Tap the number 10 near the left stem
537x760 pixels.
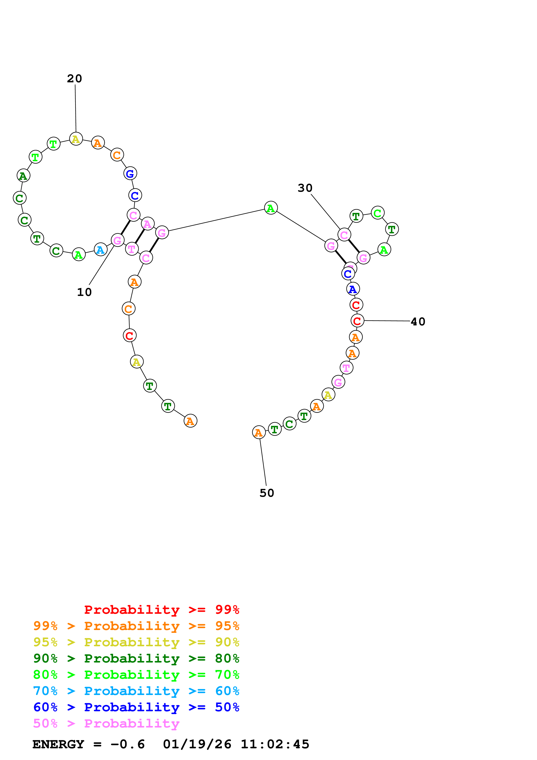84,292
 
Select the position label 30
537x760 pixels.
305,188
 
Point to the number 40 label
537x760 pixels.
418,322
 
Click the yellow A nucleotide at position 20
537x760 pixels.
76,139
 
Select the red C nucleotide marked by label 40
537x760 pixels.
357,321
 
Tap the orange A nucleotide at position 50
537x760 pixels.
258,432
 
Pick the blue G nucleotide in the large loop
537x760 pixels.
130,174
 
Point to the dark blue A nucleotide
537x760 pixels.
353,289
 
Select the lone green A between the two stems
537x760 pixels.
271,208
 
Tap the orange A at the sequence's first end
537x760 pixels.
190,421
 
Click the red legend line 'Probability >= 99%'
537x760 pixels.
161,610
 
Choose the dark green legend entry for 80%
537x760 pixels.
136,659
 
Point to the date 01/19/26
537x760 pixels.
197,744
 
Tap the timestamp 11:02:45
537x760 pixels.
275,744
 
